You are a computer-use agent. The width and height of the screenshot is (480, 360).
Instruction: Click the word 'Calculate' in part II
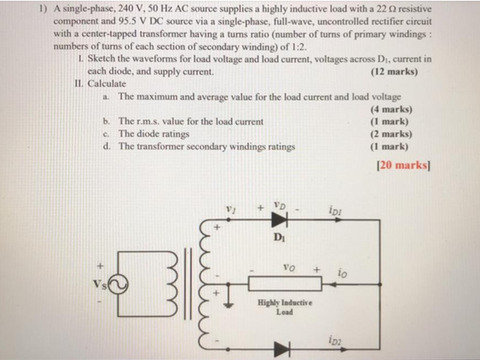click(110, 83)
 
